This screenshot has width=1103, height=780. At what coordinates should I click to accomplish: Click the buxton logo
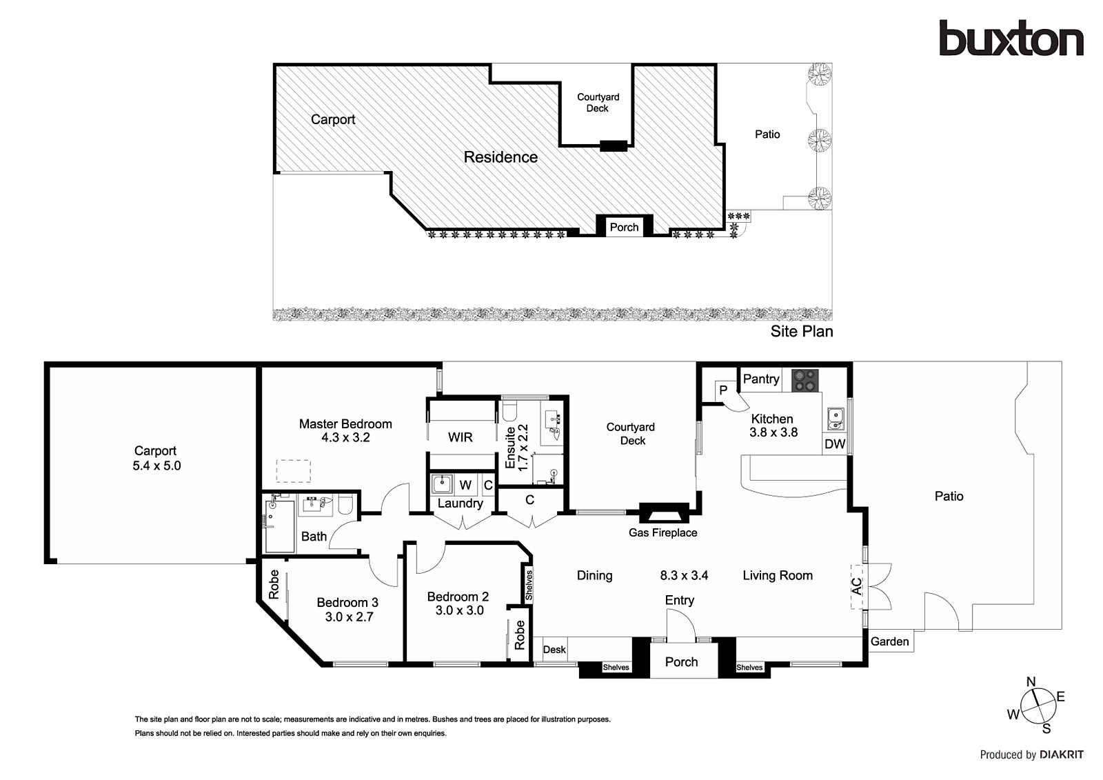click(x=1011, y=38)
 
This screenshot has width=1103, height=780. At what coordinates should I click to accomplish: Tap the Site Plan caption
click(x=802, y=331)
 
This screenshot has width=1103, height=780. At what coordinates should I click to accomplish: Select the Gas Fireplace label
click(x=662, y=532)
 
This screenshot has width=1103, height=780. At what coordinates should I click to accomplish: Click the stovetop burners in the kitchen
click(x=805, y=381)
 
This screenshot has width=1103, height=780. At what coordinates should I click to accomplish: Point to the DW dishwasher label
click(x=835, y=444)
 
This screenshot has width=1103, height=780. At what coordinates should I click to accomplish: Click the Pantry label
click(x=761, y=379)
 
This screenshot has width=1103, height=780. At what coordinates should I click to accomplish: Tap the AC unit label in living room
click(x=857, y=586)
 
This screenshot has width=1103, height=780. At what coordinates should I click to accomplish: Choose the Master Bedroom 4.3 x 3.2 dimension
click(x=345, y=437)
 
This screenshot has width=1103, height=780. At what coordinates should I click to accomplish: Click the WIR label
click(x=460, y=437)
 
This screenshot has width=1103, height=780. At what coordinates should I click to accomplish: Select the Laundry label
click(x=460, y=503)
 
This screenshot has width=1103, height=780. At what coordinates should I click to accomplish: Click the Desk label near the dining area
click(x=554, y=650)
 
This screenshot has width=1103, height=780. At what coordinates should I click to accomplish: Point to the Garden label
click(x=889, y=641)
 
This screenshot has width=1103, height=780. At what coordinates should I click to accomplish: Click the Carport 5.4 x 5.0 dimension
click(x=156, y=466)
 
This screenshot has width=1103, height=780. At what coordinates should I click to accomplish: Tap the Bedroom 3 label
click(x=347, y=602)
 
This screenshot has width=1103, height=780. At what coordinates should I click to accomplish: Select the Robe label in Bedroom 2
click(x=520, y=634)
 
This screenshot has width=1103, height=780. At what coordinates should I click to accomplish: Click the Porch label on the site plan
click(x=624, y=227)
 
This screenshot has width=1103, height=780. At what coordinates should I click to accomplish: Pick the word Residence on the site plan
click(x=500, y=157)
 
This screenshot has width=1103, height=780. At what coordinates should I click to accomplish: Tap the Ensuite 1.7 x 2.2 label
click(x=516, y=448)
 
